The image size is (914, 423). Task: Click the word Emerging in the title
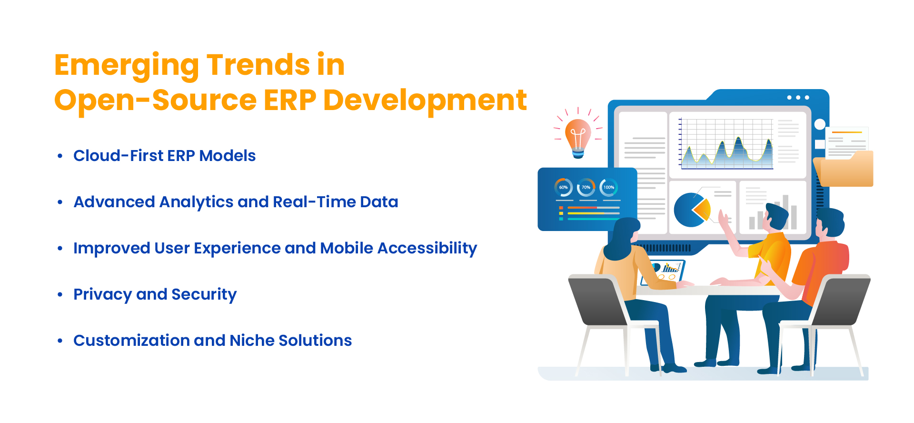point(127,66)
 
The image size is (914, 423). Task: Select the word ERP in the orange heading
point(289,101)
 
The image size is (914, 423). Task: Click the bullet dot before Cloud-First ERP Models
point(60,156)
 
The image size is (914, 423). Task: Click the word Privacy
point(102,295)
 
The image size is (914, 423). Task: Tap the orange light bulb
point(578,138)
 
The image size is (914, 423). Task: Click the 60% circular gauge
point(563,187)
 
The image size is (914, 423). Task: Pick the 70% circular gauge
point(586,187)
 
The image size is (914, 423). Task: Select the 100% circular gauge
point(609,187)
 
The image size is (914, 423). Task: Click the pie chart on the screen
point(692,210)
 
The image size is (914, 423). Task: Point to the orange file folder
point(844,169)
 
